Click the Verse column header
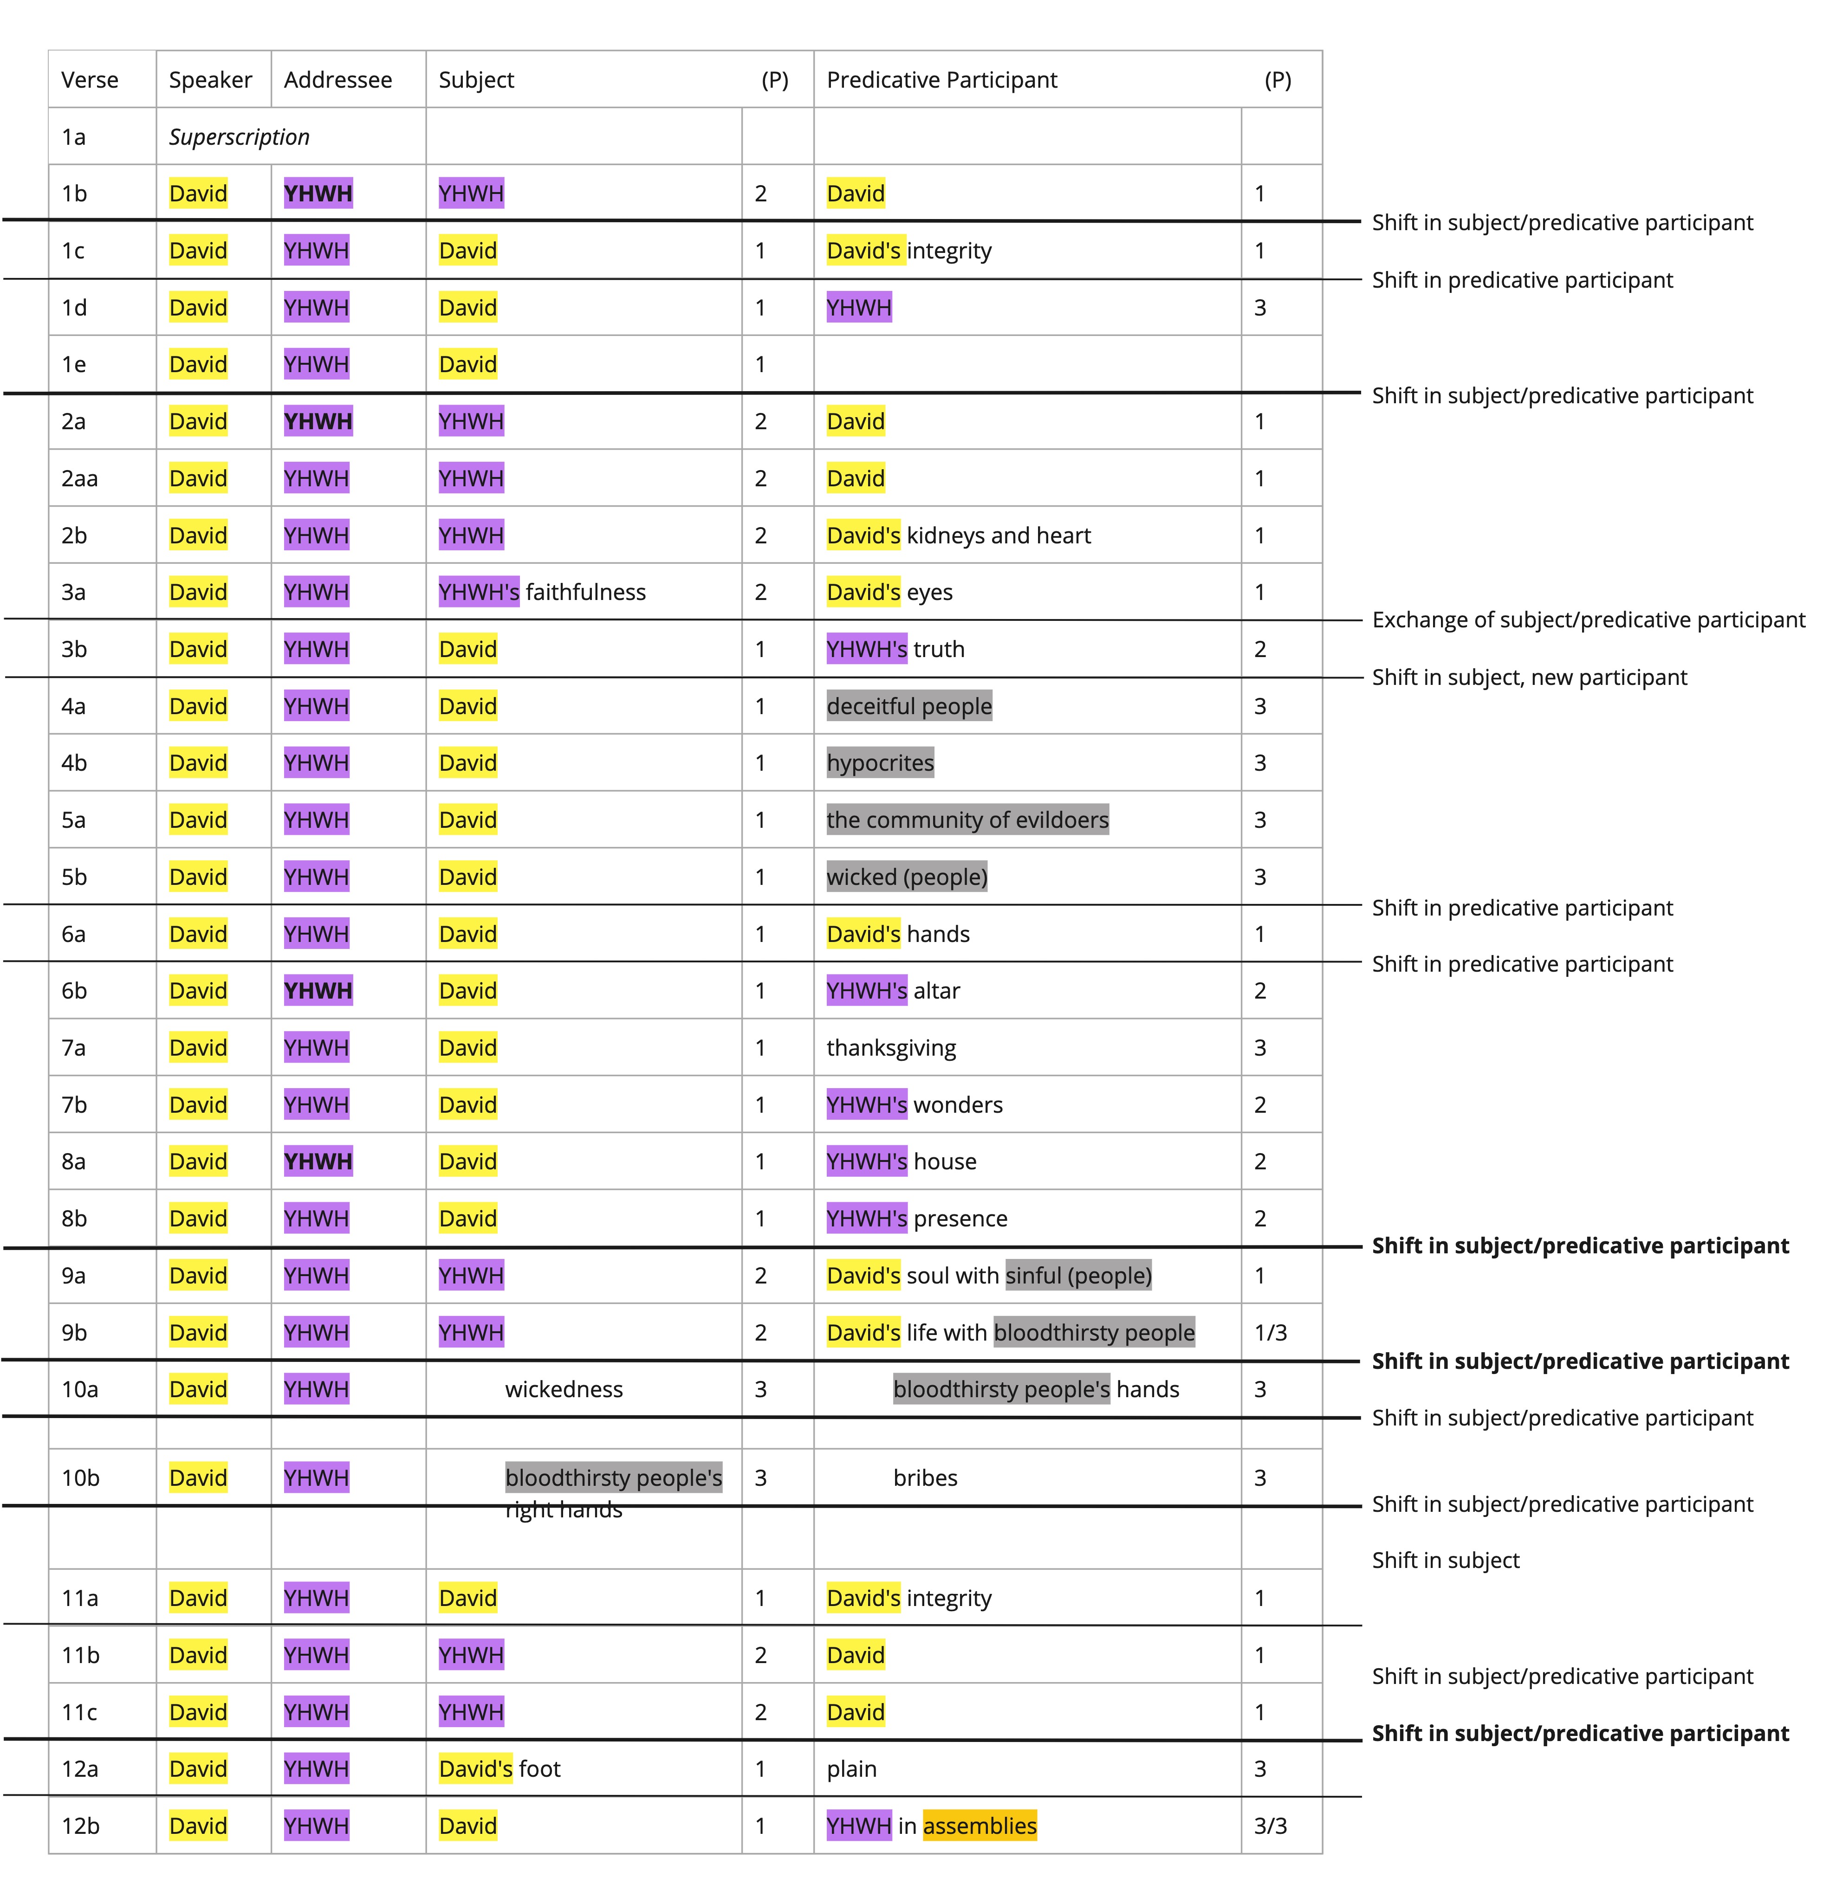click(90, 80)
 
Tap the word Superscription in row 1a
click(239, 137)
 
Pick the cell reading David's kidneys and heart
click(959, 535)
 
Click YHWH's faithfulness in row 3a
click(542, 592)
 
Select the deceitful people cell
click(909, 706)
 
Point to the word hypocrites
click(880, 762)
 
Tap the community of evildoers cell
click(967, 819)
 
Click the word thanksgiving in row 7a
click(891, 1048)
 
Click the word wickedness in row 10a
click(564, 1389)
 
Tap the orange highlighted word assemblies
click(980, 1826)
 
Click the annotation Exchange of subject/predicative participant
click(1588, 620)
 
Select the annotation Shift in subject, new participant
click(1529, 678)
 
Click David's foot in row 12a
click(500, 1769)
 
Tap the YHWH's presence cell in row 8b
click(917, 1219)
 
